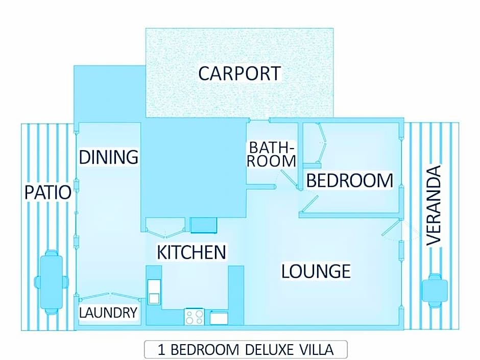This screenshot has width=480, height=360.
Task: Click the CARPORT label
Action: tap(239, 74)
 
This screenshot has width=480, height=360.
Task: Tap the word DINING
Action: tap(109, 157)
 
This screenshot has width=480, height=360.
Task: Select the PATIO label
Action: tap(48, 192)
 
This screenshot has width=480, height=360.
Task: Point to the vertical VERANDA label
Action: tap(434, 205)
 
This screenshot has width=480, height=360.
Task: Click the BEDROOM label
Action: tap(350, 180)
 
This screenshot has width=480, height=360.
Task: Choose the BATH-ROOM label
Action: tap(272, 154)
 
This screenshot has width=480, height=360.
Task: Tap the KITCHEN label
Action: tap(191, 252)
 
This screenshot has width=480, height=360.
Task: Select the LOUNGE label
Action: tap(316, 271)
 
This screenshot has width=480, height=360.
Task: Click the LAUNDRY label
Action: tap(108, 313)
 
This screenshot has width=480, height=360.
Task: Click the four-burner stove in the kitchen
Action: tap(195, 317)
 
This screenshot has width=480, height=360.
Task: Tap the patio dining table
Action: tap(52, 282)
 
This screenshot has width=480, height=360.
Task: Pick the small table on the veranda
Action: tap(435, 291)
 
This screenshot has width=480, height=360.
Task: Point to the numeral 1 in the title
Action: tap(161, 350)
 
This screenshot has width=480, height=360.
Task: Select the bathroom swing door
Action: tap(289, 179)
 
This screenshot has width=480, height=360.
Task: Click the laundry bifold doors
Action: tap(110, 296)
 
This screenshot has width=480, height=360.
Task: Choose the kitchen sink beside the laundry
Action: tap(154, 292)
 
